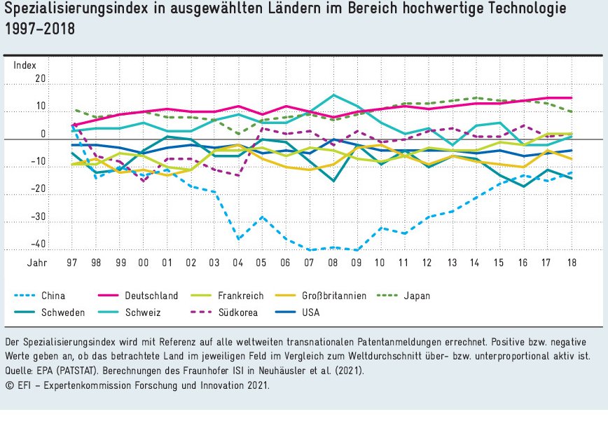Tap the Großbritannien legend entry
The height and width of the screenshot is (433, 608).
point(334,296)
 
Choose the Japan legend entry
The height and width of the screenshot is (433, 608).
point(417,296)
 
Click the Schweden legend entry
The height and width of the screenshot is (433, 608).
point(62,312)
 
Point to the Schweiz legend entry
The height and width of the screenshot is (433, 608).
point(142,312)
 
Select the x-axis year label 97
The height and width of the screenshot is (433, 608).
point(72,262)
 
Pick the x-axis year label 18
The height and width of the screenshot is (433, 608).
point(572,262)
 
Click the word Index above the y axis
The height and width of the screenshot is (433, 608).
point(25,65)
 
